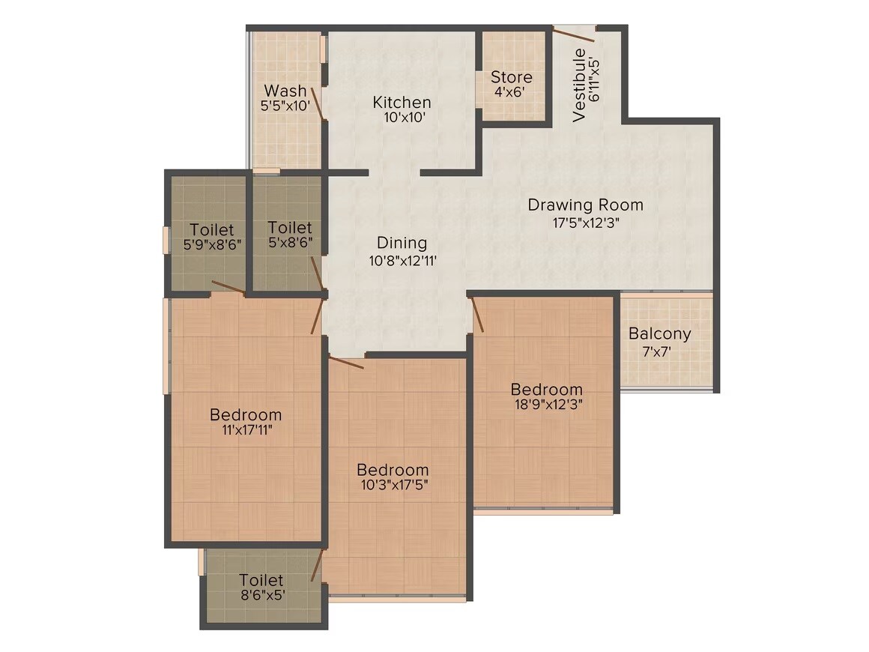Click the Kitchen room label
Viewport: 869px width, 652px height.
(x=402, y=103)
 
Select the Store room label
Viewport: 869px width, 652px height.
(x=512, y=77)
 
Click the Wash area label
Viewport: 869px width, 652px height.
(x=285, y=91)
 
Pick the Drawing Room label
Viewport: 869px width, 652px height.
(x=585, y=205)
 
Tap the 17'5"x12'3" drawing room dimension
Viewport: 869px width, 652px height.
(x=585, y=222)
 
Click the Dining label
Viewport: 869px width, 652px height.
(x=402, y=243)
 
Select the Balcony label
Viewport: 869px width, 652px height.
(x=659, y=334)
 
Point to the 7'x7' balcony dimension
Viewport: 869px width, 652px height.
(x=659, y=350)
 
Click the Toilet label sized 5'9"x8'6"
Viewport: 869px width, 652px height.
(x=211, y=229)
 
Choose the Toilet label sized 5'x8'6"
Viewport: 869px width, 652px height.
(x=289, y=227)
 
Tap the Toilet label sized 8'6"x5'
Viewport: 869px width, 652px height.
(x=261, y=580)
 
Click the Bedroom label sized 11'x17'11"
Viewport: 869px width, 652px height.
(x=246, y=414)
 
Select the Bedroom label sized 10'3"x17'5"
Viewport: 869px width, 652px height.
(x=393, y=470)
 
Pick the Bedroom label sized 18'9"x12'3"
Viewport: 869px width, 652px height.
(x=546, y=390)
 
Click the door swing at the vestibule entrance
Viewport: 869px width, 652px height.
(x=575, y=34)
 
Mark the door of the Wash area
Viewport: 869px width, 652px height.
(x=317, y=103)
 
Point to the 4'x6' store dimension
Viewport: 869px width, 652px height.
(x=512, y=92)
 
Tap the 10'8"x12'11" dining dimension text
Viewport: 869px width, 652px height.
(x=402, y=261)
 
